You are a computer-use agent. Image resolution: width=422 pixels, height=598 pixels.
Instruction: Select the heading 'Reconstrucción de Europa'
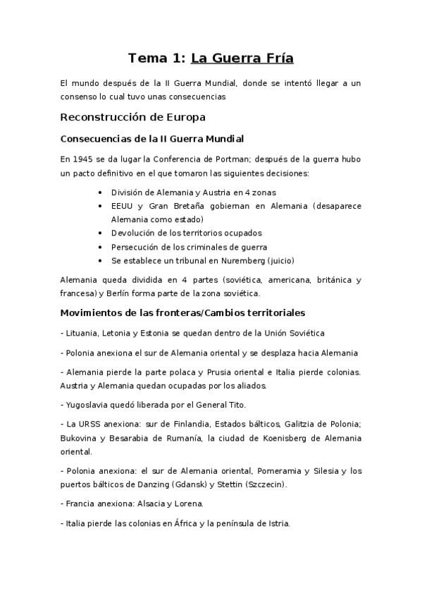pos(133,116)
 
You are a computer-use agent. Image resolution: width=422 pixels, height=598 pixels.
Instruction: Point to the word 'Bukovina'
pos(80,438)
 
